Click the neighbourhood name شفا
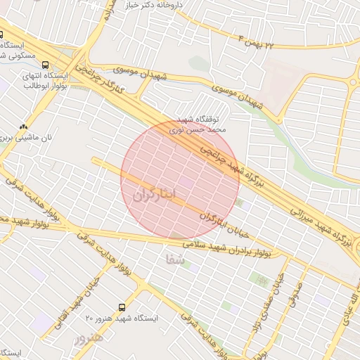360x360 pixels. tap(175, 259)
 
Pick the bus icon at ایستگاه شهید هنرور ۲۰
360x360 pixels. tap(122, 307)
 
